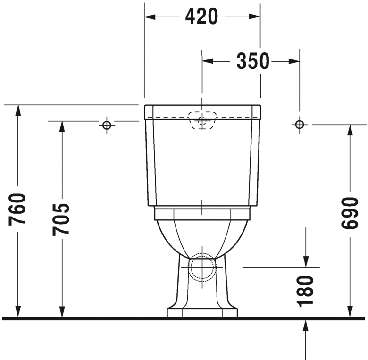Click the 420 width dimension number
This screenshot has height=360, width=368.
click(201, 17)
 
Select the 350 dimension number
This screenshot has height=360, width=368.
click(252, 61)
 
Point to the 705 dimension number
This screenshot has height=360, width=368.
click(61, 219)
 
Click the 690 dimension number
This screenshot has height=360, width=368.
click(350, 213)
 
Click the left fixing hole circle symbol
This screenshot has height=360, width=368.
click(107, 125)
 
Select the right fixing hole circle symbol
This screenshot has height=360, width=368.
click(299, 125)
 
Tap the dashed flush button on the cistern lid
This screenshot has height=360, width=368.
click(202, 119)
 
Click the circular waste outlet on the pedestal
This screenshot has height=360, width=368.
click(202, 267)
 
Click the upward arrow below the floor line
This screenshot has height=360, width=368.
click(306, 326)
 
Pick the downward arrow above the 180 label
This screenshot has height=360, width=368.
click(306, 260)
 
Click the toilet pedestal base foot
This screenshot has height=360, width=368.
click(202, 312)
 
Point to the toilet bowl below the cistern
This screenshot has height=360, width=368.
click(202, 234)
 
